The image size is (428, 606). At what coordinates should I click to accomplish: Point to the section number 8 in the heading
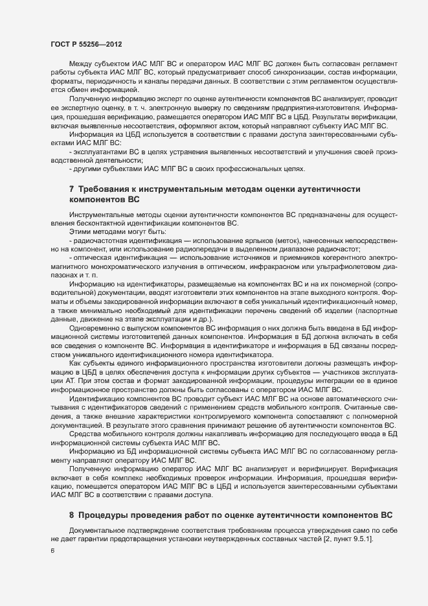point(71,514)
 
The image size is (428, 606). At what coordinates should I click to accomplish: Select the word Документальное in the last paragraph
point(97,531)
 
